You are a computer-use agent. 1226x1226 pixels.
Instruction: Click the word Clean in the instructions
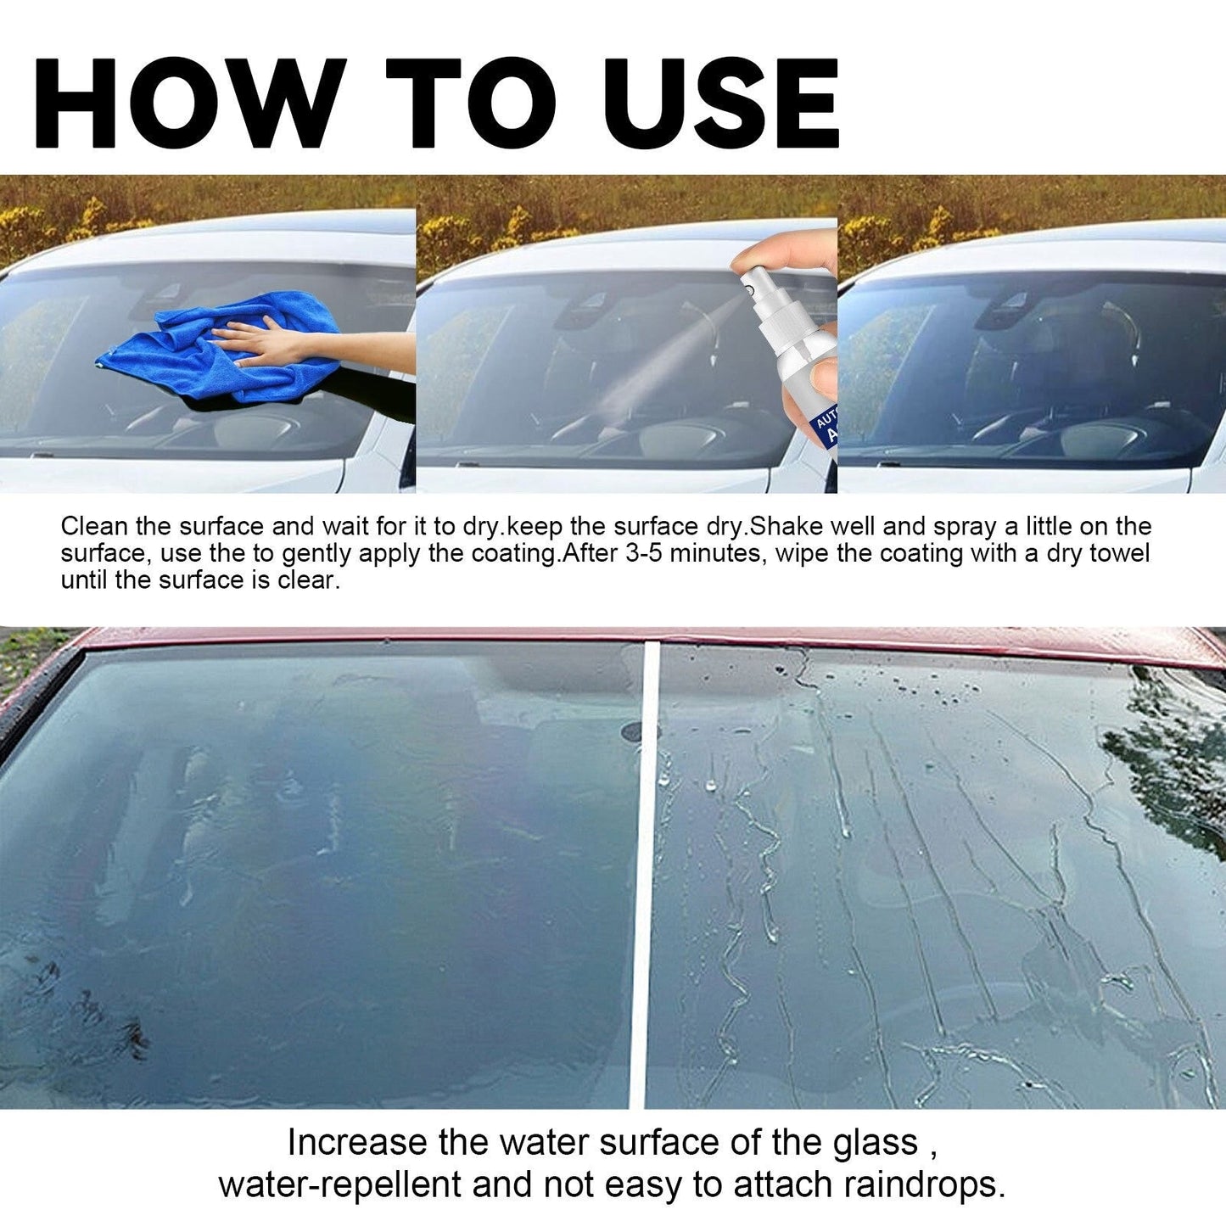[x=94, y=527]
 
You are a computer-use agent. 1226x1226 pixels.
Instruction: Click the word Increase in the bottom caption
[x=356, y=1143]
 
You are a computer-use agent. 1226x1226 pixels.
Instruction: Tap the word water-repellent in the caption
[x=340, y=1185]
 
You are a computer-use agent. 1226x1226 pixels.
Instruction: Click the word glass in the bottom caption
[x=876, y=1143]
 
